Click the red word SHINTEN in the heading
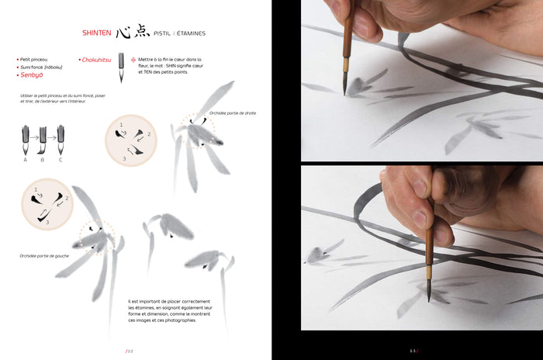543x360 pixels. coord(97,33)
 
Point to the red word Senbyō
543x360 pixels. coord(31,74)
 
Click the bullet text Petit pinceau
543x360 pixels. coord(33,59)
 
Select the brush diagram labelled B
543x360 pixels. coord(42,140)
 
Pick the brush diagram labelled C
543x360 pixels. coord(60,140)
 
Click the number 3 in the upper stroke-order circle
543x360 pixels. coord(125,159)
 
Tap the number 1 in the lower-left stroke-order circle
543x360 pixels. coord(36,189)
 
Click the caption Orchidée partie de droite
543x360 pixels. coord(232,113)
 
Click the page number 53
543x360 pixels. coord(414,351)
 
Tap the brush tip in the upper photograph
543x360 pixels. coord(344,91)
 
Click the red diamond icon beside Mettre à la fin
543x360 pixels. coord(133,59)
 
